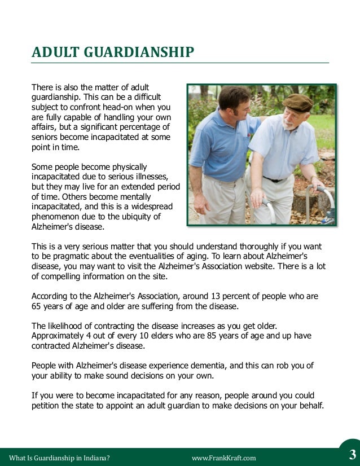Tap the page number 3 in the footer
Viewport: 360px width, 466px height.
[353, 455]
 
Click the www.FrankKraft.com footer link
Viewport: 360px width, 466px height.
[224, 458]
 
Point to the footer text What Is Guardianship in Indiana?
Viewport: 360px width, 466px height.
[55, 458]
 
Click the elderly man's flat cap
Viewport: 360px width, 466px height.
[297, 103]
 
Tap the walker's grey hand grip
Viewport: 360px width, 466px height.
[325, 191]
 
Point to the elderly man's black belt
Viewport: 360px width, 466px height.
[275, 179]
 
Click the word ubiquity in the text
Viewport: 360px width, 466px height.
[141, 217]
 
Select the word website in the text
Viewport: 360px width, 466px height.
[273, 267]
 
